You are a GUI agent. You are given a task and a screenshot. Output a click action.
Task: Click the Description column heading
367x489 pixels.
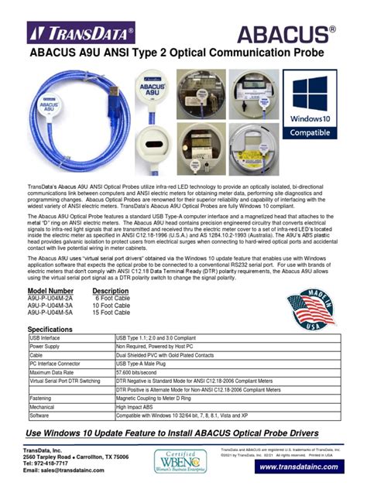(x=110, y=289)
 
